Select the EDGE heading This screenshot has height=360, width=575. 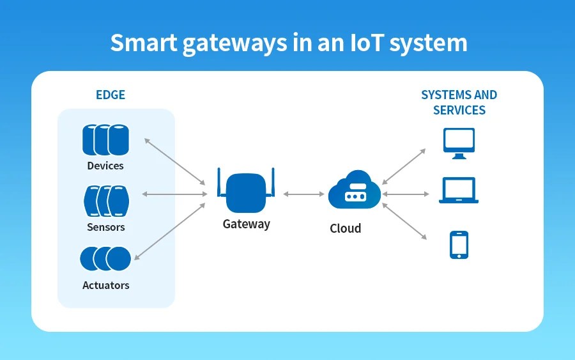point(111,95)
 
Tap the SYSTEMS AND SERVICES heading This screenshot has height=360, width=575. point(459,102)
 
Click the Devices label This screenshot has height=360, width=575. point(105,166)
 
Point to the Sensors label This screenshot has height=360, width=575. point(106,227)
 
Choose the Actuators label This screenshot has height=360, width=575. point(106,285)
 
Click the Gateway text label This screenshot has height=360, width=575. point(246,224)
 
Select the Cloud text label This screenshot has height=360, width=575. point(345,228)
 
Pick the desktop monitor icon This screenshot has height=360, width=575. point(459,143)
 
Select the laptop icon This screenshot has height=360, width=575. point(459,191)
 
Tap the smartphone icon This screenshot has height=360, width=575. point(459,245)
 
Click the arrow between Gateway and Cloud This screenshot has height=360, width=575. point(303,194)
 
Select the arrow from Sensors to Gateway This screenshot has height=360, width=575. point(174,194)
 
